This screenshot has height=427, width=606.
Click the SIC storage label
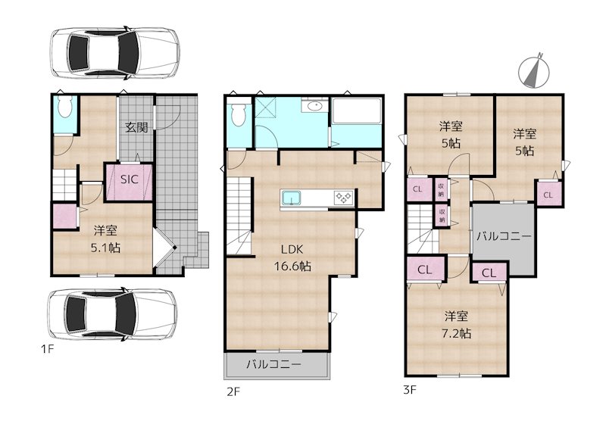tap(129, 179)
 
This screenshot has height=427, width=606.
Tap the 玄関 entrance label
tap(136, 127)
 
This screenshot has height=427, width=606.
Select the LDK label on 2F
tap(292, 249)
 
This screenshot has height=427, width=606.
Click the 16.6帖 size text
tap(292, 266)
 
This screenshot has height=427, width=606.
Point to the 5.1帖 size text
tap(105, 248)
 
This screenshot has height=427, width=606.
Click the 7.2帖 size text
tap(457, 332)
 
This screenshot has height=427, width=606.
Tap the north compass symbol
tap(534, 70)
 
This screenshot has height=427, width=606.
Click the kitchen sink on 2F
tap(291, 198)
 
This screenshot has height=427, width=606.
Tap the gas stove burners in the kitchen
tap(343, 197)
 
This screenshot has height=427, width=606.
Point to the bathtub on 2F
tap(356, 110)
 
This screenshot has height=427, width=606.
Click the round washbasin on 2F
tap(314, 105)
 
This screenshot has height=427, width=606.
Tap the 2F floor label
tap(233, 392)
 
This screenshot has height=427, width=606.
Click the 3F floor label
tap(410, 389)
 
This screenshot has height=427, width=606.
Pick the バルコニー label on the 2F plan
tap(274, 364)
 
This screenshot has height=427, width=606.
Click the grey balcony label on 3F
tap(503, 235)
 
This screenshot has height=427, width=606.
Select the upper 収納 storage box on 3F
tap(441, 189)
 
